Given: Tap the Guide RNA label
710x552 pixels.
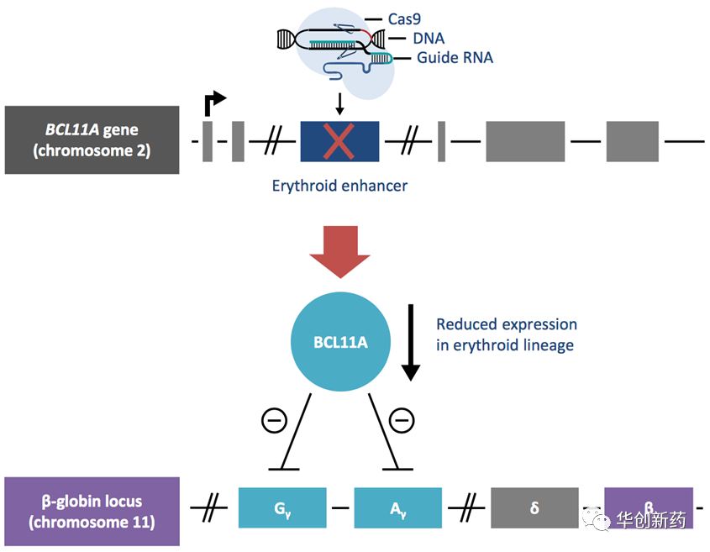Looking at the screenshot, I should [x=455, y=58].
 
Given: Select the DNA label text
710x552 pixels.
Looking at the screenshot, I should [x=428, y=38].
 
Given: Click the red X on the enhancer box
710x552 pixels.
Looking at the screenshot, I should [x=339, y=141].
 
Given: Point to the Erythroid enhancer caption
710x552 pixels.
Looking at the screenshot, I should [x=339, y=186].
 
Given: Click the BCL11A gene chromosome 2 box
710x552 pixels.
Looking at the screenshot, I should [x=92, y=139].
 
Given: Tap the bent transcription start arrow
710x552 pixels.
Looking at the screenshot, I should [x=213, y=103].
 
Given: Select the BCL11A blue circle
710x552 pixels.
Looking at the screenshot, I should [x=339, y=342].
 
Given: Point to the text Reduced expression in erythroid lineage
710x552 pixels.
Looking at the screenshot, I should [x=506, y=334].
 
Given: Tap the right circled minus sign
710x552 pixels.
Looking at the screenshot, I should [x=402, y=419].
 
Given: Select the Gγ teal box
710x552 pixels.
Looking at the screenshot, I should [x=282, y=507].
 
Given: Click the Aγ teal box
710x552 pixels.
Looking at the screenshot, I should [x=397, y=507].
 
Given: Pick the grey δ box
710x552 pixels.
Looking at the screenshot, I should [x=534, y=507].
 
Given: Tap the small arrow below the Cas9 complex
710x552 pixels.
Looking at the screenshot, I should [x=339, y=104].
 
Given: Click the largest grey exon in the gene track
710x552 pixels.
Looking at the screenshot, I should [x=525, y=141].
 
